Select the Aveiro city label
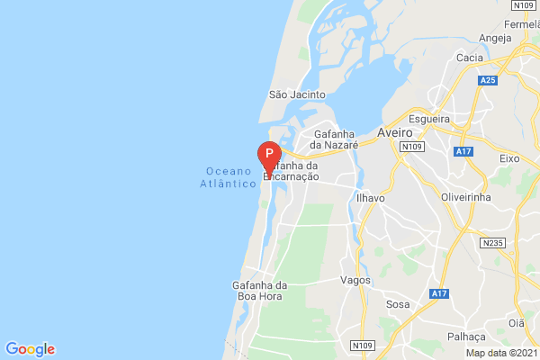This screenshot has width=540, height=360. point(395,131)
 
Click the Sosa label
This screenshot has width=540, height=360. point(397,305)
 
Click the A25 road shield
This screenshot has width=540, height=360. point(488,81)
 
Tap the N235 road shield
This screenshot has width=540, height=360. point(492,243)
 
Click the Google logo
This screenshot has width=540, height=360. point(30,349)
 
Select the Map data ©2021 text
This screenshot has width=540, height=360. point(500,352)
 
